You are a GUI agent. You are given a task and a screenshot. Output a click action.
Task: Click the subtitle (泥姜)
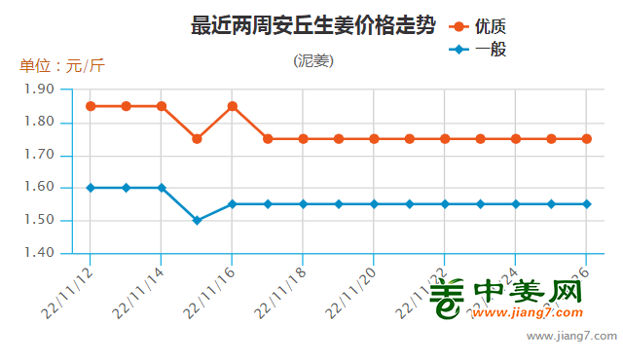coord(313,60)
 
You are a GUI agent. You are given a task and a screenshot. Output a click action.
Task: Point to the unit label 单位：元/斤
coord(62,66)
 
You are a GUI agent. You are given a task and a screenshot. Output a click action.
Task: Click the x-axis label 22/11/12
coord(69,288)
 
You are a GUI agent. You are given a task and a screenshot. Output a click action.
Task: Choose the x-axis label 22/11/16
coord(211,288)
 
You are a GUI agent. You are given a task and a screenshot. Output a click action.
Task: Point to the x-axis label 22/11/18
coord(282,288)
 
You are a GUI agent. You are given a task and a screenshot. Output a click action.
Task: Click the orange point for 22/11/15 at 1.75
coord(197,139)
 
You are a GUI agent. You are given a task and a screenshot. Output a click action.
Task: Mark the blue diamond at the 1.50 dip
coord(197,221)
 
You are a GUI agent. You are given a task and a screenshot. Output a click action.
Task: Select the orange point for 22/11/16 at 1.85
coord(233,106)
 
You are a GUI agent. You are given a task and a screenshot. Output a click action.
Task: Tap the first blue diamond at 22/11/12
coord(91,188)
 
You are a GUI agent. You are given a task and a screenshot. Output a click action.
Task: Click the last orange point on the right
coord(587,139)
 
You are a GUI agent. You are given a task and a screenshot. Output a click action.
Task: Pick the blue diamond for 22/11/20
coord(374,204)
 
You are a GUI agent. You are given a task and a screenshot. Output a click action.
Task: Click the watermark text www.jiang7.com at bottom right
coord(571,337)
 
